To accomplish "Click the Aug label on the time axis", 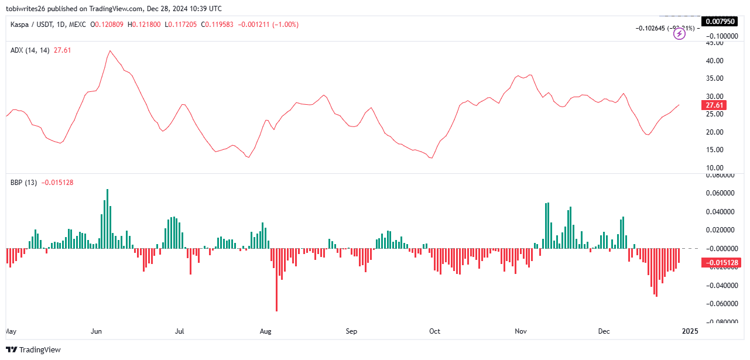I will point(265,331).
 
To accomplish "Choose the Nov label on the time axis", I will point(520,331).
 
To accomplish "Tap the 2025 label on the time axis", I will point(690,331).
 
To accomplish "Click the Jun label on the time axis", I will point(97,331).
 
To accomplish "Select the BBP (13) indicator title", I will point(23,183).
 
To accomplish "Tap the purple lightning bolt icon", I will point(679,34).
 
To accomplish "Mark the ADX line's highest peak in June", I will point(109,51).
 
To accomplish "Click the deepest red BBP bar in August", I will point(276,310).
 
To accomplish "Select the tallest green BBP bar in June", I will point(107,190).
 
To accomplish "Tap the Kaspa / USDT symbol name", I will point(32,25).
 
